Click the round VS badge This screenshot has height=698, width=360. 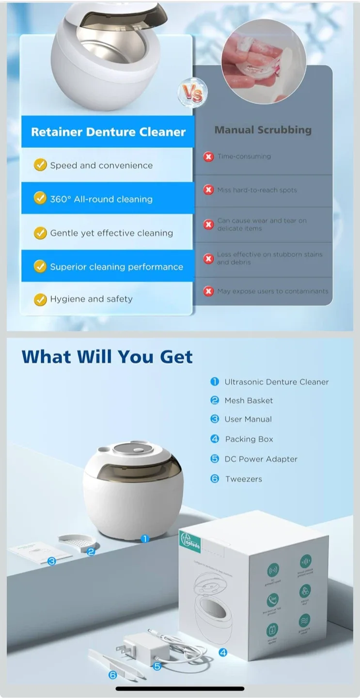click(x=192, y=94)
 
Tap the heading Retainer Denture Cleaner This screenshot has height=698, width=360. click(x=108, y=132)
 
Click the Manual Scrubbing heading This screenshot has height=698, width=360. click(x=263, y=130)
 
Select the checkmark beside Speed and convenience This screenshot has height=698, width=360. click(x=40, y=165)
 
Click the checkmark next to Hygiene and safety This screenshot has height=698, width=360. click(x=40, y=299)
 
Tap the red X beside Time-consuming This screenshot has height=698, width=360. click(x=209, y=157)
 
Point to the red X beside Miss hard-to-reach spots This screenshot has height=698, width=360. click(x=209, y=190)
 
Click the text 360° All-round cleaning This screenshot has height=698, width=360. click(x=101, y=199)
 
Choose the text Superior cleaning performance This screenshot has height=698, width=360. click(x=116, y=267)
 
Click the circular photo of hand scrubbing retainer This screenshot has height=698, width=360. click(x=263, y=61)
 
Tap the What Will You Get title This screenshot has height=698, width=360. click(x=107, y=357)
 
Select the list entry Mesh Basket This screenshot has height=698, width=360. click(x=249, y=400)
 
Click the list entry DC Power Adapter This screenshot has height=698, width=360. click(x=261, y=459)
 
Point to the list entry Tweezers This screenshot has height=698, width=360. click(x=243, y=479)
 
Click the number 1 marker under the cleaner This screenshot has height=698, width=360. click(x=144, y=539)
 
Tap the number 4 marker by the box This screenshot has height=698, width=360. click(x=223, y=652)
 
